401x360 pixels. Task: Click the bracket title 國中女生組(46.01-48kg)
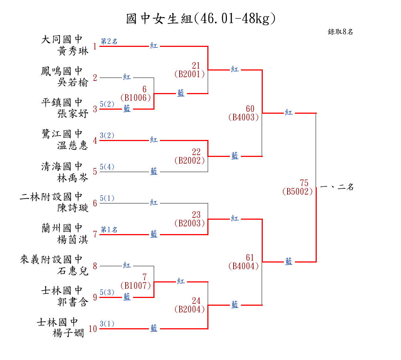(x=201, y=18)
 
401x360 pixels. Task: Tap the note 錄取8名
(x=340, y=32)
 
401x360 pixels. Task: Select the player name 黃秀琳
(x=73, y=51)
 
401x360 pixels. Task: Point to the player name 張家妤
(x=73, y=114)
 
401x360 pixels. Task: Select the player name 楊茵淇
(x=73, y=240)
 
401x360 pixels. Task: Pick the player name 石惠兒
(x=73, y=271)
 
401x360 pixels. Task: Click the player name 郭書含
(x=73, y=302)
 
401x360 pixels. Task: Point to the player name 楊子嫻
(x=69, y=333)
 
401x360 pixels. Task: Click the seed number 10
(x=93, y=329)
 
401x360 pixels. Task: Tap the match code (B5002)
(x=297, y=192)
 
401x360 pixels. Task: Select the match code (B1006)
(x=136, y=97)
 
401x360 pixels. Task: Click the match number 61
(x=250, y=257)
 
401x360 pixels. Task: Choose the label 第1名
(x=109, y=230)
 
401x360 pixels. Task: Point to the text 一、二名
(x=337, y=187)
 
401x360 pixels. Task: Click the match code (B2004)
(x=189, y=309)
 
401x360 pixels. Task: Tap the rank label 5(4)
(x=107, y=167)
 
